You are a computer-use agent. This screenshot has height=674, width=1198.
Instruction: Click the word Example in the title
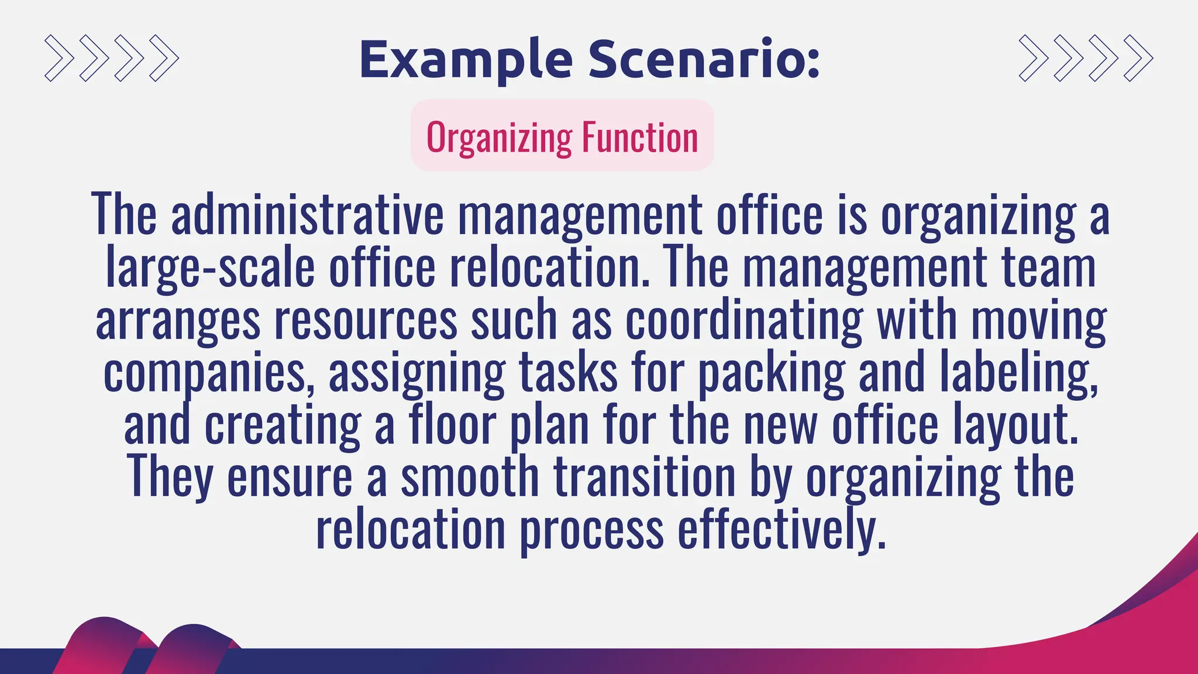coord(466,60)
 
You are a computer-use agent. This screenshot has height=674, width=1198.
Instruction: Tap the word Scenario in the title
coord(704,60)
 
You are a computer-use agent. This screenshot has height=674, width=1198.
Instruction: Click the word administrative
coord(307,214)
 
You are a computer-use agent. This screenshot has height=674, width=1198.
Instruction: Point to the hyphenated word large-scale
coord(210,267)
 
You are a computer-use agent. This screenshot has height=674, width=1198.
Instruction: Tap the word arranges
coord(178,320)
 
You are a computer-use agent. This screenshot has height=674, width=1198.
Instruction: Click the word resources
coord(366,320)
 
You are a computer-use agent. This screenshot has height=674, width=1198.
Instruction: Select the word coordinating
coord(743,320)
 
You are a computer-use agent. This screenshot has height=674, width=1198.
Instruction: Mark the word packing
coord(772,373)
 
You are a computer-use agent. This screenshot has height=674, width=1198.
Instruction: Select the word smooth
coord(470,477)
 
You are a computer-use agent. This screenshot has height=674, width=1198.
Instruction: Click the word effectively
coord(782,530)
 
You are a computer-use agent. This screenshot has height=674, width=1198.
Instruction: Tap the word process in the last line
coord(592,530)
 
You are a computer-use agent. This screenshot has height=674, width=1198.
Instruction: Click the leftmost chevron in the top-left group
coord(59,58)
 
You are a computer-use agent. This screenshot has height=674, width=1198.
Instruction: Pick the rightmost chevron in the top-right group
coord(1138,58)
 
